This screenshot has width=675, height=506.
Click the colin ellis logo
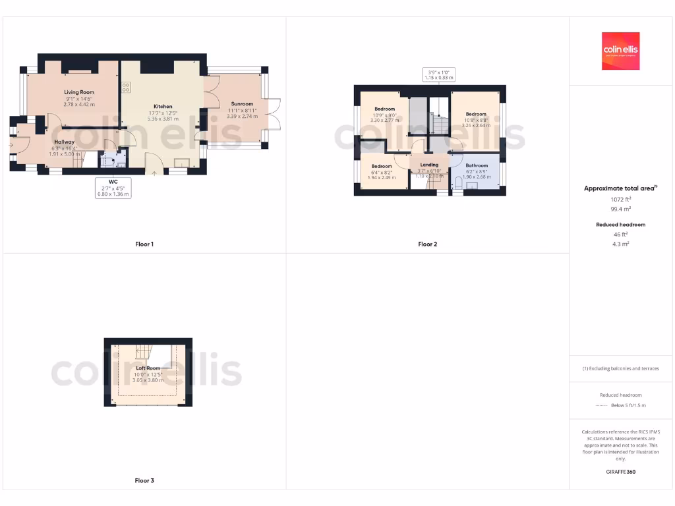[620, 51]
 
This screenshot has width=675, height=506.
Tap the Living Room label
[79, 92]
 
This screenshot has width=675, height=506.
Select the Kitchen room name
[163, 106]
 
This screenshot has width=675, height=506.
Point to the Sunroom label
[241, 103]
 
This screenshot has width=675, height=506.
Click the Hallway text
[64, 142]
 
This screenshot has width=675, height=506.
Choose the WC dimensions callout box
[113, 188]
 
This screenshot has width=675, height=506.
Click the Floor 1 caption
[144, 244]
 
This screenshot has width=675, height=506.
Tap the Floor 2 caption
[427, 244]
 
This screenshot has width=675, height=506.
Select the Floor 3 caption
[144, 481]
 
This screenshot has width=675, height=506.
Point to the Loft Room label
[148, 368]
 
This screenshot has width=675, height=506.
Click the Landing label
[429, 165]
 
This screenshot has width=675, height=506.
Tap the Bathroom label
[477, 165]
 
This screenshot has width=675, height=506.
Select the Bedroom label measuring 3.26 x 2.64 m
[476, 114]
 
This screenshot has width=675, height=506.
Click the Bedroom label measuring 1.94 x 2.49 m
[382, 166]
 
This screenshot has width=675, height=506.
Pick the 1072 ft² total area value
[620, 199]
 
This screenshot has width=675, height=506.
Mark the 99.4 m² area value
[620, 208]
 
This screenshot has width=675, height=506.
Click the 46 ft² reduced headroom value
[620, 235]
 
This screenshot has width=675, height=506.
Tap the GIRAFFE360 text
[620, 472]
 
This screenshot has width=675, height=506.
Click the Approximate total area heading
[620, 188]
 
